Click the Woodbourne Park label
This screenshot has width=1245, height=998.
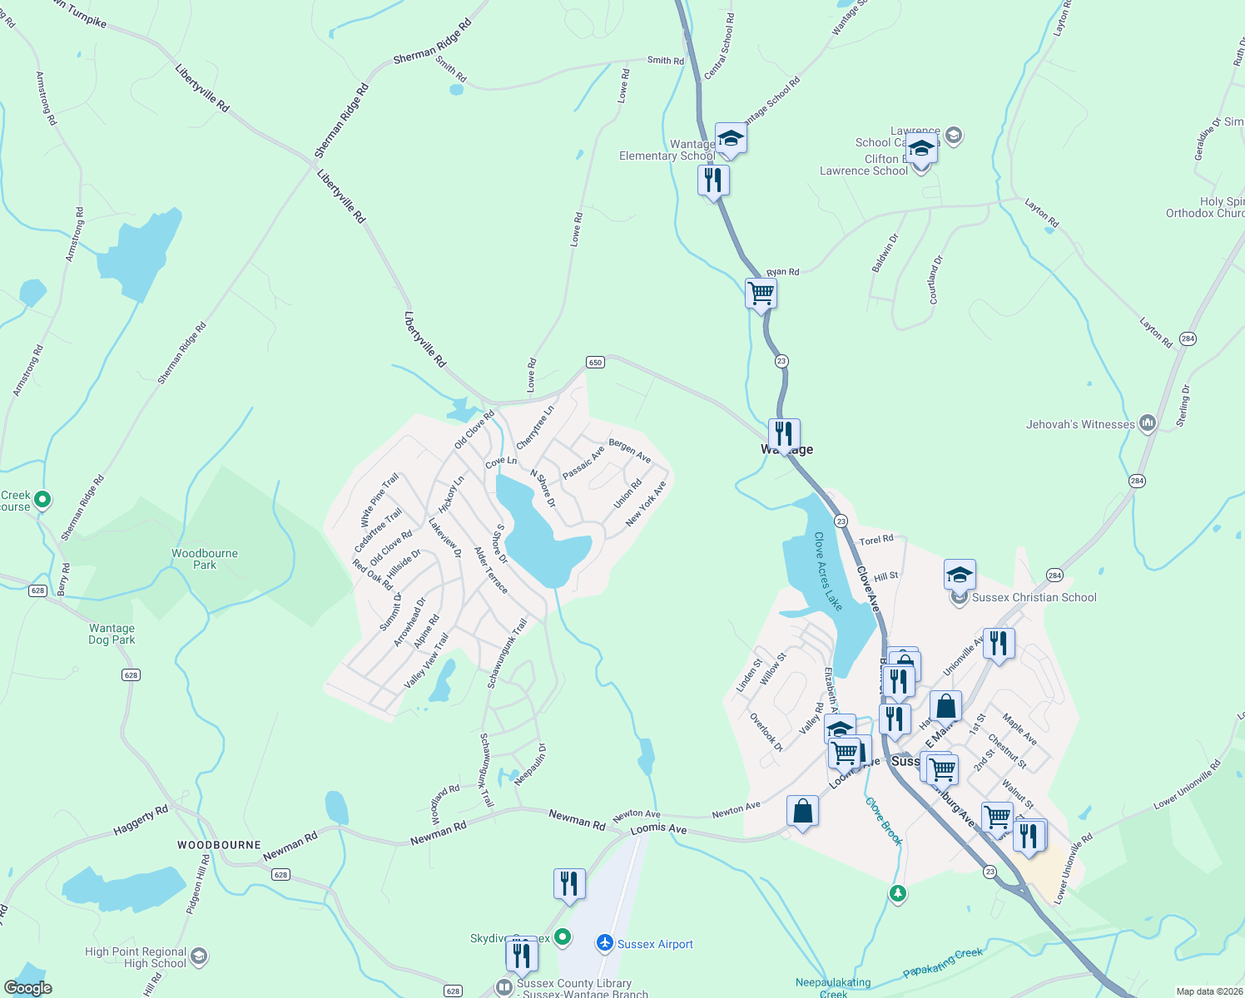pos(205,559)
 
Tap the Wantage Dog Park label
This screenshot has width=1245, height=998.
pos(112,635)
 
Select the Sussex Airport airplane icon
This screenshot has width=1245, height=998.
pos(605,943)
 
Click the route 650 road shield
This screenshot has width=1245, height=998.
pos(595,362)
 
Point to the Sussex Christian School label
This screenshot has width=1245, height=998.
pos(1034,597)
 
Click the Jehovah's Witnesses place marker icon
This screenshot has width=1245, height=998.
pos(1148,423)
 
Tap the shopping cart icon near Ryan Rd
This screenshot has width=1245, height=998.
pos(761,294)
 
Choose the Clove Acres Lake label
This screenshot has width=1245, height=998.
pos(828,571)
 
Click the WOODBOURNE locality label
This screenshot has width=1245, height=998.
pos(219,845)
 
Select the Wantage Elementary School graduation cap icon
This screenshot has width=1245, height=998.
pos(730,137)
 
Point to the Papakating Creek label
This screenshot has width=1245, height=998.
pos(943,964)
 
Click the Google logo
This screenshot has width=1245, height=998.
pos(28,988)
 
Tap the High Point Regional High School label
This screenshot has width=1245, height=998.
pos(136,957)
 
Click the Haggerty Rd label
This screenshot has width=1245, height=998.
pos(141,820)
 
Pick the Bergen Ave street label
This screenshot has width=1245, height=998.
pos(629,450)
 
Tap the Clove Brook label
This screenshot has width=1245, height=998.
pos(883,821)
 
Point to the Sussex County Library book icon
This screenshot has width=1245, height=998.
pos(503,987)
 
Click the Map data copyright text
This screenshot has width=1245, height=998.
pos(1207,991)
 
